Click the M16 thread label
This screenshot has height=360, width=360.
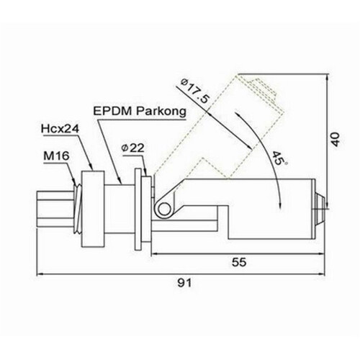tap(56, 156)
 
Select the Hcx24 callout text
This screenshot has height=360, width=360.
tap(60, 129)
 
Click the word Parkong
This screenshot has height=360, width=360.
tap(161, 112)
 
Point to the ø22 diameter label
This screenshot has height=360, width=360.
tap(133, 148)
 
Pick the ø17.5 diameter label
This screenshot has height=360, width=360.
tap(195, 91)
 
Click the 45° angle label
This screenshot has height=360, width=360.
tap(279, 158)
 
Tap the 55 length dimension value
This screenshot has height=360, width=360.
tap(239, 262)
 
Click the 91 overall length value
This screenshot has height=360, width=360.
tap(184, 283)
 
